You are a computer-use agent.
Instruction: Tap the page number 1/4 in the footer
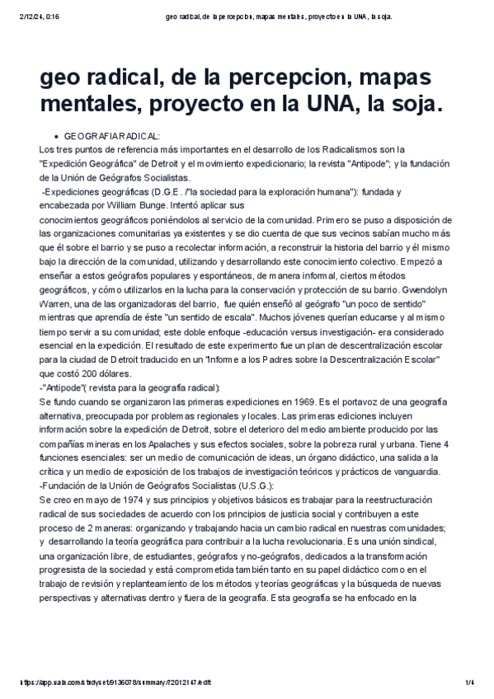(x=468, y=683)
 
